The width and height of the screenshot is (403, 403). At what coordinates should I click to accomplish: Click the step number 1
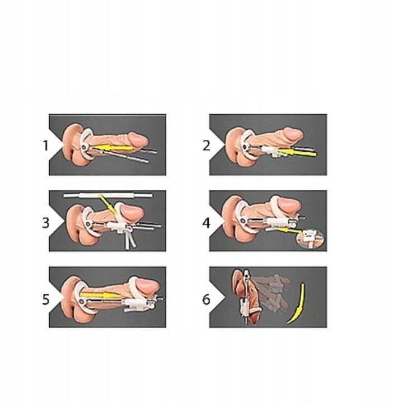(x=45, y=146)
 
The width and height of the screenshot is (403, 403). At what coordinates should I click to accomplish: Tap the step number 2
(x=207, y=146)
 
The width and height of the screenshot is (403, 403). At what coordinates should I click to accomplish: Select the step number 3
(x=46, y=223)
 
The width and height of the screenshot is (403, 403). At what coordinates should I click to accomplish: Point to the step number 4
(x=207, y=223)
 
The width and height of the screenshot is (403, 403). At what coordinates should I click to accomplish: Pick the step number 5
(x=46, y=299)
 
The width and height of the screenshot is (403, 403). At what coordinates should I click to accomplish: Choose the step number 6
(x=207, y=299)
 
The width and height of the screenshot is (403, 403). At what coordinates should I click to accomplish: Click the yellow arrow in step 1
(x=113, y=148)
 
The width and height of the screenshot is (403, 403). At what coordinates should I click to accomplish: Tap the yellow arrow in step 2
(x=297, y=153)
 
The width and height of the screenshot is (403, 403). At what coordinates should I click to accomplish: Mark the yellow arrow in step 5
(x=100, y=294)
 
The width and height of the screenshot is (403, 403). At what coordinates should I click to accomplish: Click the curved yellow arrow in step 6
(x=298, y=304)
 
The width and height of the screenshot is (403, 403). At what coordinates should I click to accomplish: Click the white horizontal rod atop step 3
(x=108, y=195)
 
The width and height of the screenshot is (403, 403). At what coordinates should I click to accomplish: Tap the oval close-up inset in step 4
(x=311, y=238)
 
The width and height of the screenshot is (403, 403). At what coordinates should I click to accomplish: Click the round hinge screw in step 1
(x=85, y=147)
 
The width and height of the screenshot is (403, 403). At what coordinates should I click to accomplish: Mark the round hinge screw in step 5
(x=82, y=301)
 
